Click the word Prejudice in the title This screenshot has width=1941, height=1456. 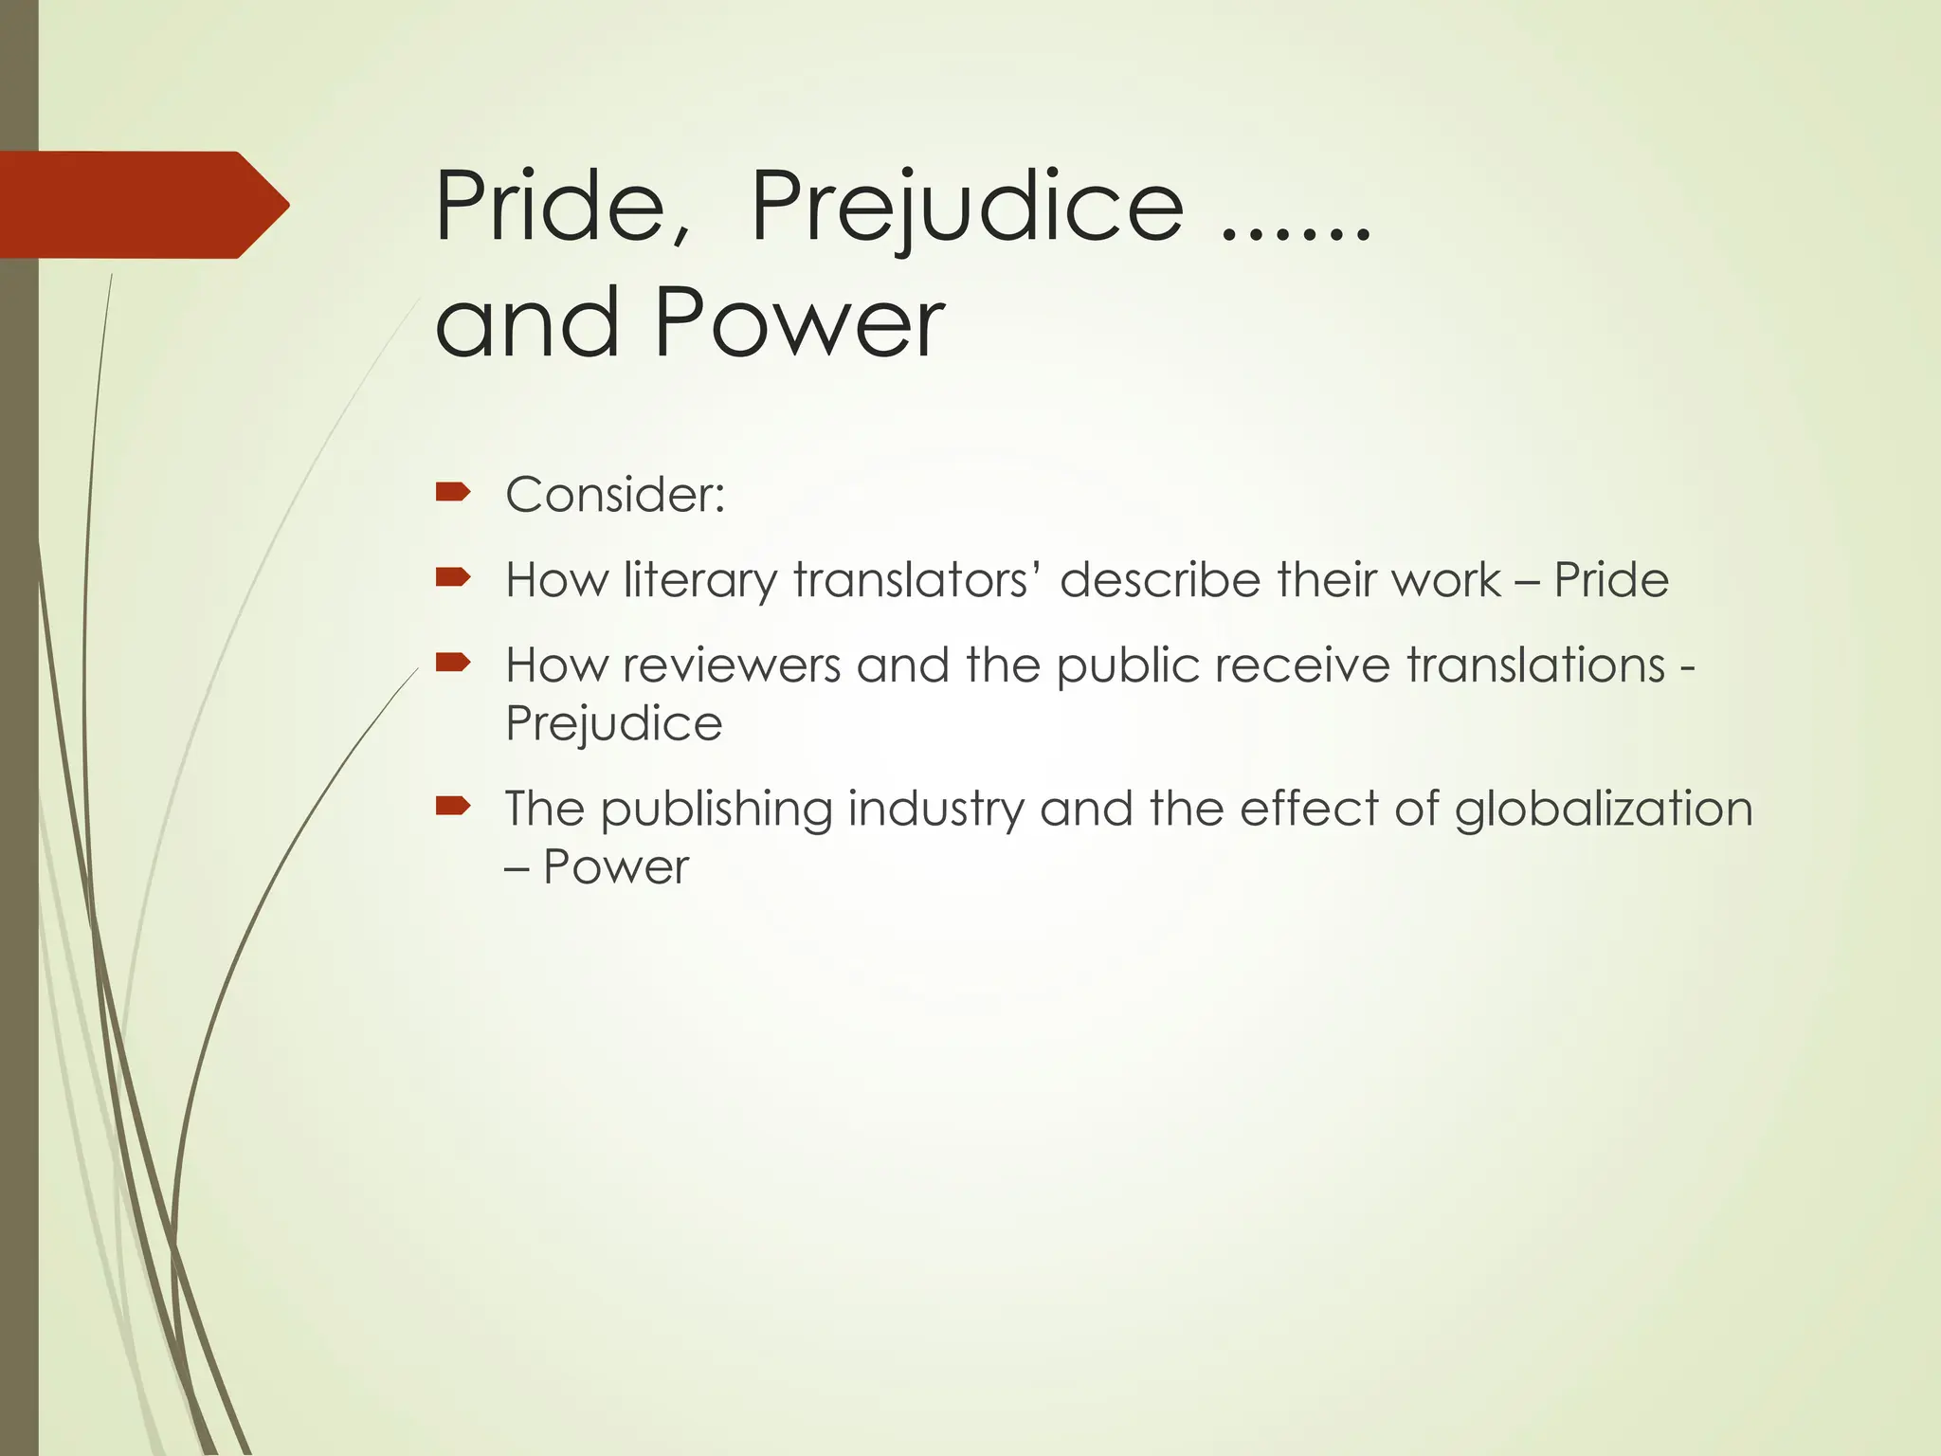[967, 207]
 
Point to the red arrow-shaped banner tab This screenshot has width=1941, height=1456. [142, 205]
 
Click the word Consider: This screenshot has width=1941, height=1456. [615, 495]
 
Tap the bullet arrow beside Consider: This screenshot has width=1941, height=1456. [453, 491]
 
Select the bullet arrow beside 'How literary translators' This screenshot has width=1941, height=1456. [453, 576]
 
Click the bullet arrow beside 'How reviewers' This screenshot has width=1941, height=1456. [453, 662]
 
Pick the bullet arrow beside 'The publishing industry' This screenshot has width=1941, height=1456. [453, 806]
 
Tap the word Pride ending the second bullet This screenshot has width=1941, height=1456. [1611, 580]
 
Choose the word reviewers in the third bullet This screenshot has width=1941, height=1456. [731, 665]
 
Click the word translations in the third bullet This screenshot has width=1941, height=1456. [1535, 665]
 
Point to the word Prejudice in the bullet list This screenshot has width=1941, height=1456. [614, 724]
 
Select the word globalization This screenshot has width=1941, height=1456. [1604, 810]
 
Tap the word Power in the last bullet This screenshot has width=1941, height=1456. [616, 867]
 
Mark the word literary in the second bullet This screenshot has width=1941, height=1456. [700, 580]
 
